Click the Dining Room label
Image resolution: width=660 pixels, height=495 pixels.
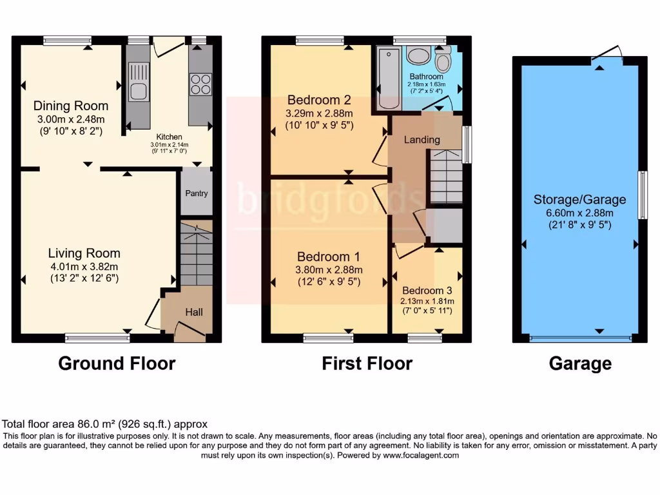[71, 106]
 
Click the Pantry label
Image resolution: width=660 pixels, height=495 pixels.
[197, 193]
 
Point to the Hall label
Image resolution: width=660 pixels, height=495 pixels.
[194, 312]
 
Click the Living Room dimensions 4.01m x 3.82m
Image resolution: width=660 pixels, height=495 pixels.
[84, 267]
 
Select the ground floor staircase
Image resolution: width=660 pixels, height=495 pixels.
[196, 254]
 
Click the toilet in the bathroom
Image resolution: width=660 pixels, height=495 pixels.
[443, 62]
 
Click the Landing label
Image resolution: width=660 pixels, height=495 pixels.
[422, 140]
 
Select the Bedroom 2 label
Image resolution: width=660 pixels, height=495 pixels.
[319, 100]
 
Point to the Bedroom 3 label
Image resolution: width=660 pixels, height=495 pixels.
[422, 291]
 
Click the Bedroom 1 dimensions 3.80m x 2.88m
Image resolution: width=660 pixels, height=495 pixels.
[329, 270]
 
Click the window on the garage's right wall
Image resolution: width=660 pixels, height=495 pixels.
[642, 195]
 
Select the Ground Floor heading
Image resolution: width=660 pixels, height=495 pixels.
[117, 364]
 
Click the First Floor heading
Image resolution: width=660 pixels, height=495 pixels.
[367, 364]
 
